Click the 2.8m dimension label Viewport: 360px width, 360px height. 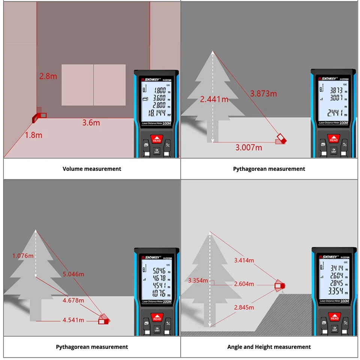[x=48, y=76]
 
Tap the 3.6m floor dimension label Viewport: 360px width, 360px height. [x=91, y=123]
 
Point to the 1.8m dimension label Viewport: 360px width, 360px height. [x=33, y=135]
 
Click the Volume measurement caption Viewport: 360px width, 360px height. [x=92, y=169]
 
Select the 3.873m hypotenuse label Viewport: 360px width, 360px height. [x=264, y=93]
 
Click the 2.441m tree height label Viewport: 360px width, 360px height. [x=214, y=99]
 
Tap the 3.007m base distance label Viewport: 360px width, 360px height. [x=249, y=147]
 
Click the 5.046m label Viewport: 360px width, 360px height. [x=73, y=274]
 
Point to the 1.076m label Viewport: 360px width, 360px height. [x=23, y=256]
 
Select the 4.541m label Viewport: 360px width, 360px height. [x=73, y=320]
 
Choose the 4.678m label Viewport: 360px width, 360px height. [x=73, y=300]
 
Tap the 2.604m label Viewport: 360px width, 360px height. [x=244, y=284]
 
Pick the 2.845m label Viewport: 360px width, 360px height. [x=244, y=307]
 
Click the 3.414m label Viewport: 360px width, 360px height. [x=244, y=260]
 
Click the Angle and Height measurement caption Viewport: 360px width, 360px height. [x=269, y=347]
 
